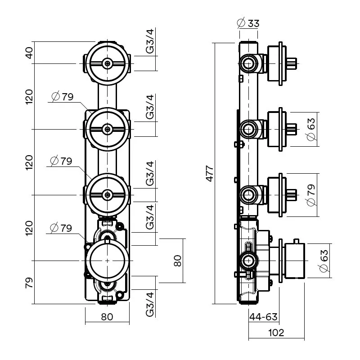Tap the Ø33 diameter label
[x=248, y=23]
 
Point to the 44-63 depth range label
[x=263, y=317]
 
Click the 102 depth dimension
[x=276, y=333]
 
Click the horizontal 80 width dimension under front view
[x=107, y=317]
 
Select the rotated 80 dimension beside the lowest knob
[x=178, y=261]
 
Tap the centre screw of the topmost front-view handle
[x=107, y=63]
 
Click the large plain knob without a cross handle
[x=107, y=261]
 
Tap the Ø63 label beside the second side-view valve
[x=310, y=129]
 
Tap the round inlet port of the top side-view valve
[x=247, y=63]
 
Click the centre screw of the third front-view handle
[x=107, y=195]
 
